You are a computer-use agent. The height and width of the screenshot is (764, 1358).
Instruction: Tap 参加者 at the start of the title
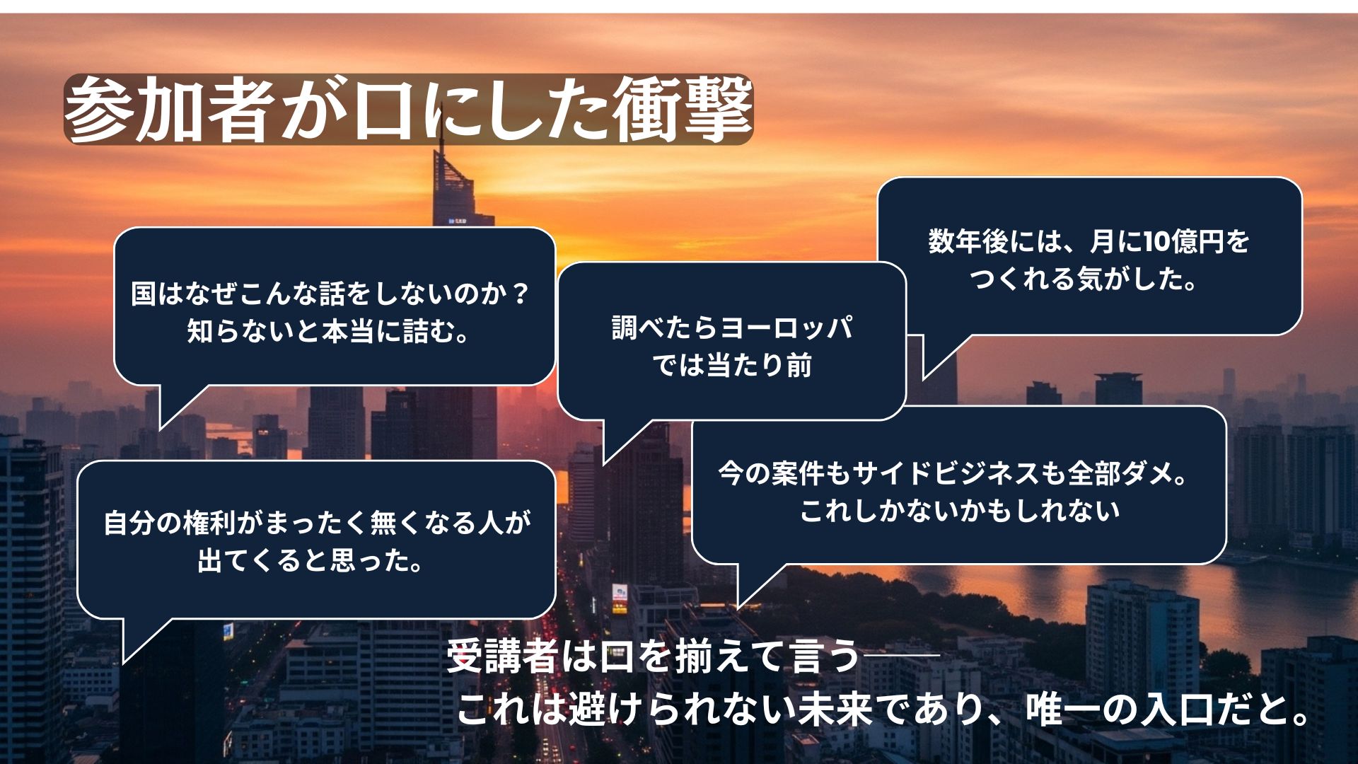[168, 110]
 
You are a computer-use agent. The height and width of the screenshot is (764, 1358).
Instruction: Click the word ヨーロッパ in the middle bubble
[786, 328]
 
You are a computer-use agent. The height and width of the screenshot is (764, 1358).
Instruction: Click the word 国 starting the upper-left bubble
[144, 294]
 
